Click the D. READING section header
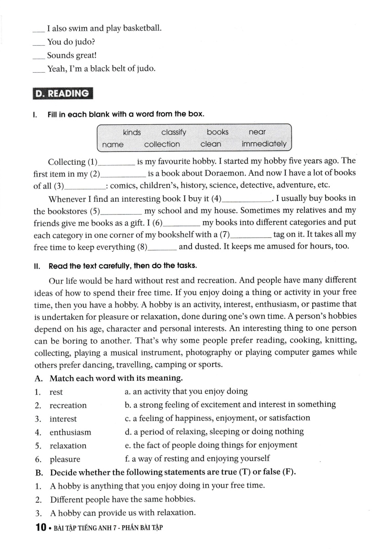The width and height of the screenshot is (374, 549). pos(63,93)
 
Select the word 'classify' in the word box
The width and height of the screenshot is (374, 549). pos(174,132)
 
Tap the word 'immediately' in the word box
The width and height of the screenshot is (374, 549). pos(264,144)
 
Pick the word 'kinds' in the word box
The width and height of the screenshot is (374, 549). pos(132,132)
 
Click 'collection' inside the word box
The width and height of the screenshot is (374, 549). pos(162,144)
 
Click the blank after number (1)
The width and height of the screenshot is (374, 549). pos(117,163)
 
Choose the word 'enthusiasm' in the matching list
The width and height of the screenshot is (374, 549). pos(70,432)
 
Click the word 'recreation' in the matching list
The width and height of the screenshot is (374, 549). pos(68,405)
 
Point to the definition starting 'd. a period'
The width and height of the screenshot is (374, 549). pos(214,431)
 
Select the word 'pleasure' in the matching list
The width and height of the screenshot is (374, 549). pos(65,459)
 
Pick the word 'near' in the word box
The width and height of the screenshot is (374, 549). pos(257,132)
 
